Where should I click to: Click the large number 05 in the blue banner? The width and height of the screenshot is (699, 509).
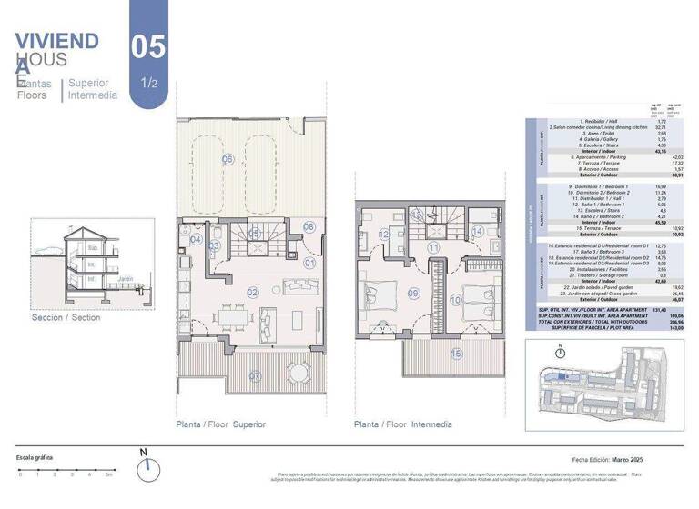[148, 47]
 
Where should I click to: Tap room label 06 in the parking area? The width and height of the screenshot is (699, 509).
[228, 159]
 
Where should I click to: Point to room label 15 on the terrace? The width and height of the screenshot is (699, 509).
[456, 354]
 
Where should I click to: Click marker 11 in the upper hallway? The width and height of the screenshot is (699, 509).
[434, 247]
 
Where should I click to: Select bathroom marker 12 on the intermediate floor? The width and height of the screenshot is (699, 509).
[384, 235]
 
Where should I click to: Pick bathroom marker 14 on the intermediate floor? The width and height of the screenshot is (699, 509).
[478, 232]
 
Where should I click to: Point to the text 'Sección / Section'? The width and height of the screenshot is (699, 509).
[66, 318]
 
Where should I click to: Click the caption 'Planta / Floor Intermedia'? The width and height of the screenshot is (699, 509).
[402, 424]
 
